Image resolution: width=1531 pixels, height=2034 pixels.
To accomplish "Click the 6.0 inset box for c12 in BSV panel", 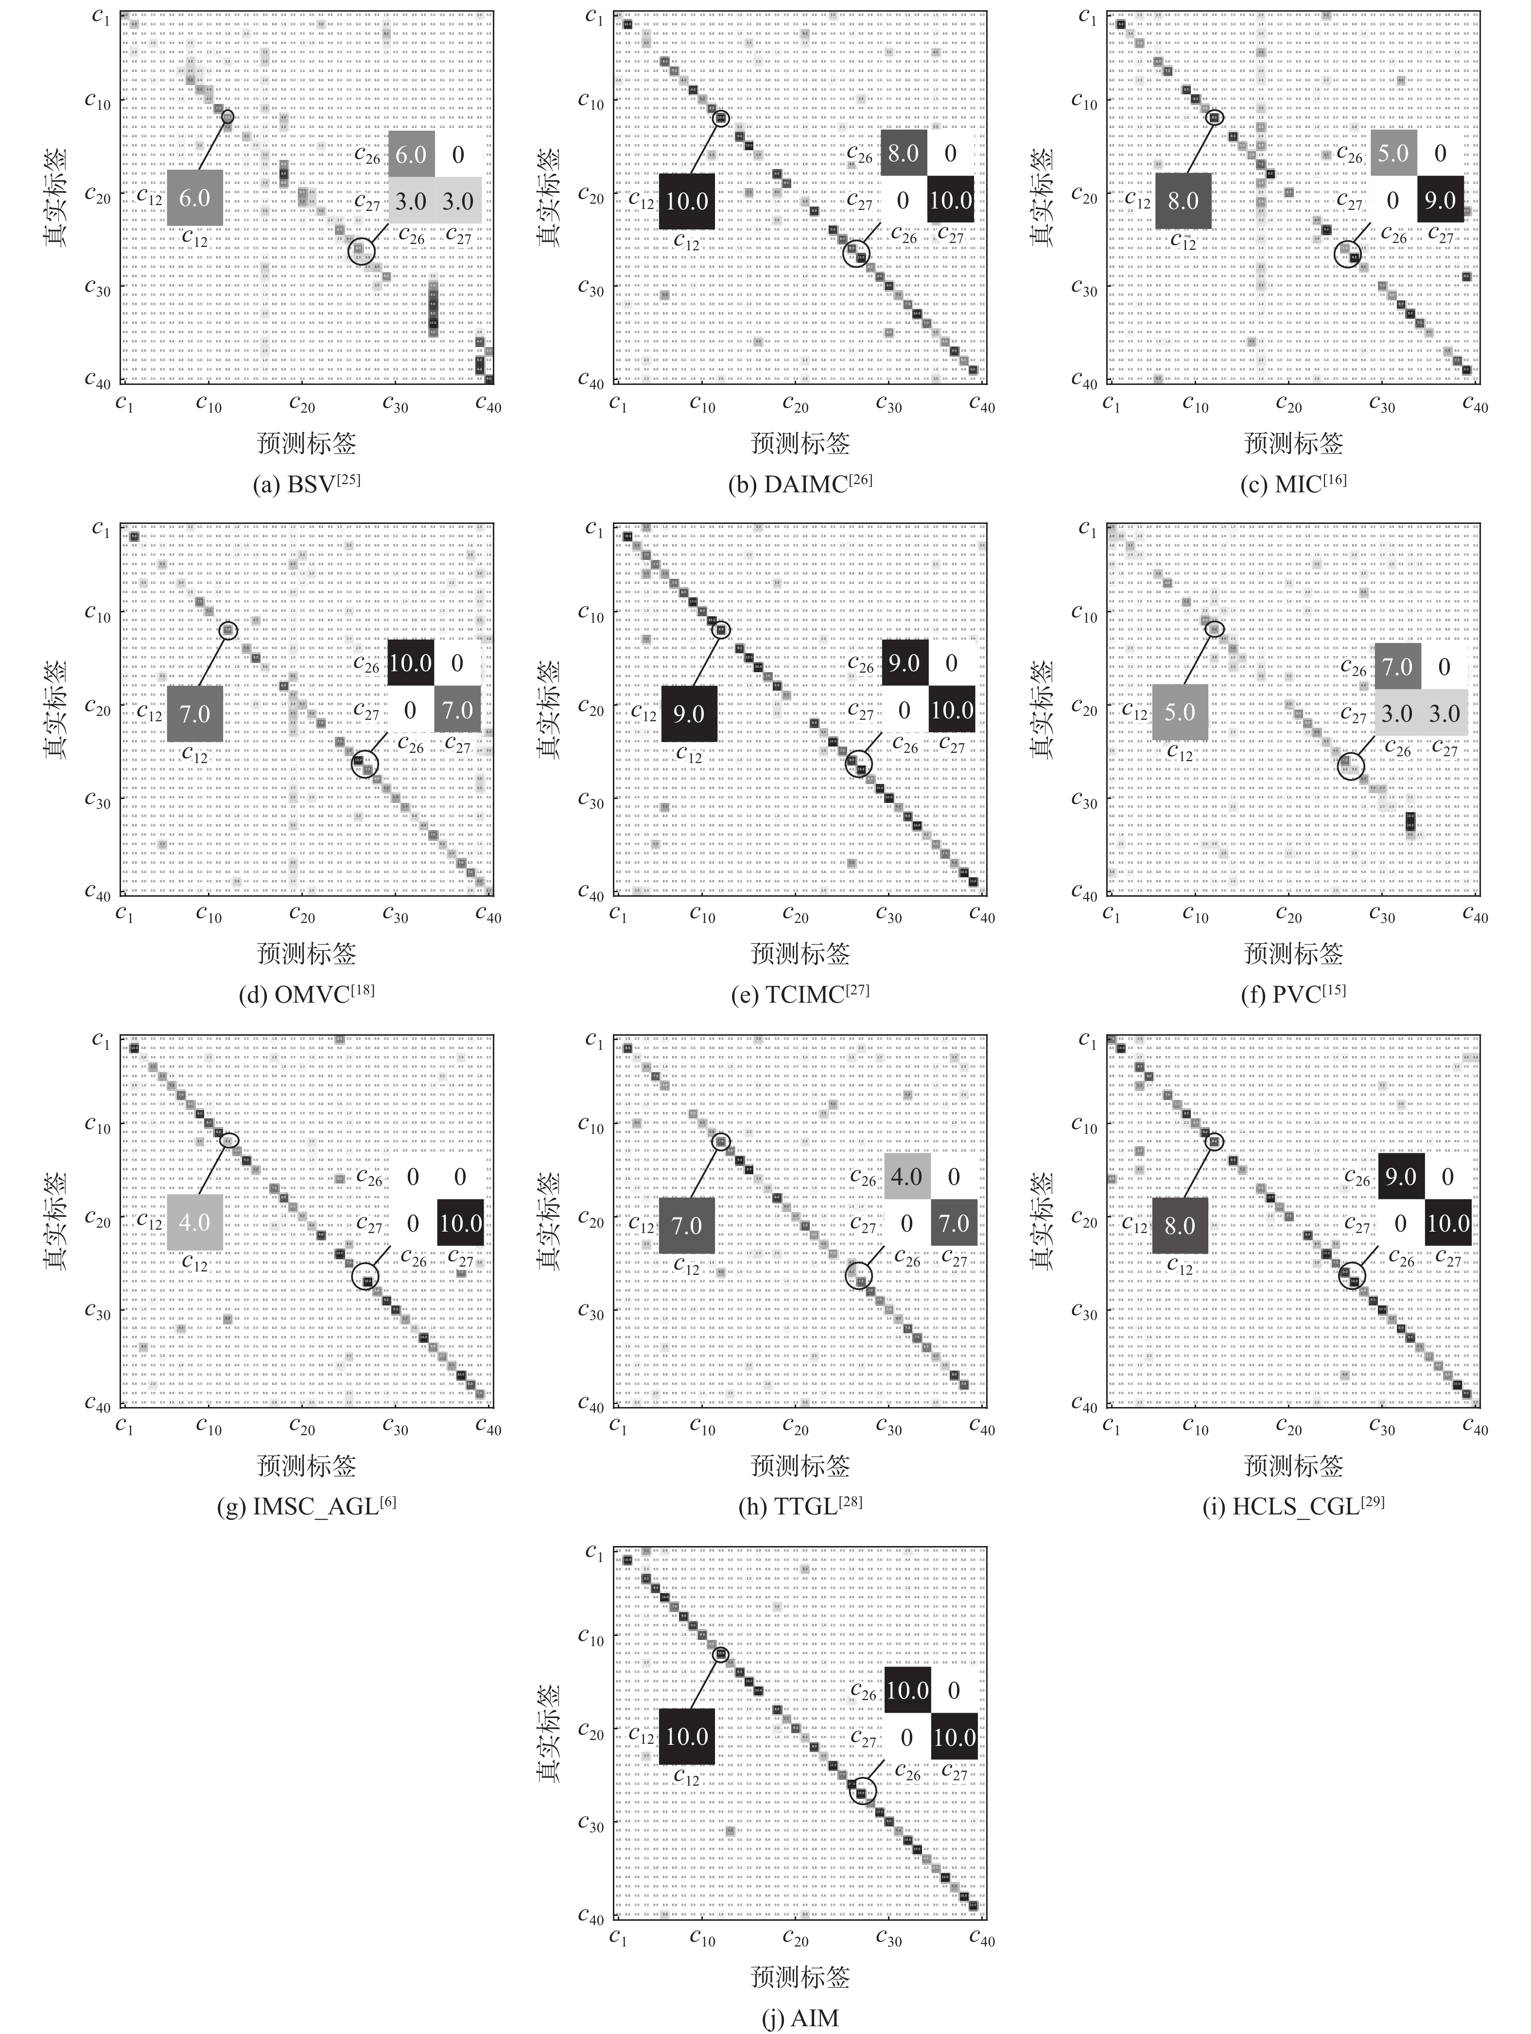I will click(195, 198).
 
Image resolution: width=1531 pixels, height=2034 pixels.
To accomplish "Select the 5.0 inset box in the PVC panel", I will click(1180, 712).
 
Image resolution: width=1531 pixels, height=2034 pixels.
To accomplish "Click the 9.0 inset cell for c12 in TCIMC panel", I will click(688, 713).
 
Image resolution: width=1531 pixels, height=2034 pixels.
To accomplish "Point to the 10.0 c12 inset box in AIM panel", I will click(687, 1736).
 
